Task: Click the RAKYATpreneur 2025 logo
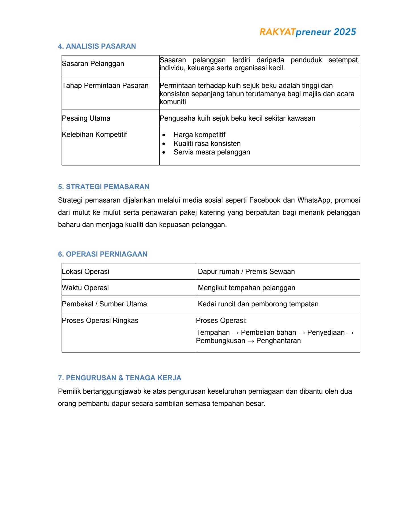(308, 32)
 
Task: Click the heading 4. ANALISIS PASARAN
(97, 46)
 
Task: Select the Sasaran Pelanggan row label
(93, 64)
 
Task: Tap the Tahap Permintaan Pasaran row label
(105, 86)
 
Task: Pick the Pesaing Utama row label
(86, 118)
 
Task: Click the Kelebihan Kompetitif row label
(94, 135)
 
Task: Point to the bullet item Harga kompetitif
(199, 135)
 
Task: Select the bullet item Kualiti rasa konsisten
(207, 144)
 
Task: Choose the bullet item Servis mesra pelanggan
(212, 152)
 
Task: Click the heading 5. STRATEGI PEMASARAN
(104, 187)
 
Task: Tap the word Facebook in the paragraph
(265, 200)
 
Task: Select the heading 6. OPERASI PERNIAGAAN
(103, 254)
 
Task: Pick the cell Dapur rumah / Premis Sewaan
(246, 272)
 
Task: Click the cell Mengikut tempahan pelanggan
(246, 288)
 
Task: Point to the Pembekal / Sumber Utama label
(104, 304)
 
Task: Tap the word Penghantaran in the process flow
(278, 341)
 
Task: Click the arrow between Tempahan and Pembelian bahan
(235, 333)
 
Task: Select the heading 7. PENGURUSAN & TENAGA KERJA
(120, 378)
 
